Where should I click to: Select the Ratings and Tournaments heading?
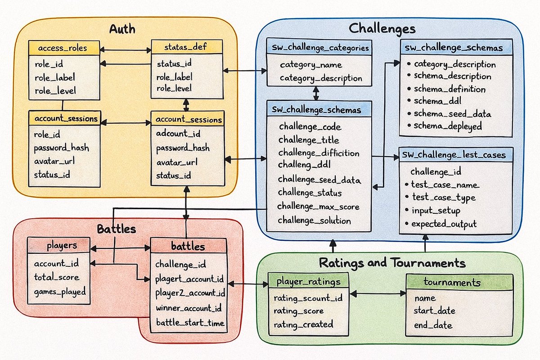click(x=392, y=263)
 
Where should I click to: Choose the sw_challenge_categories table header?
click(x=319, y=47)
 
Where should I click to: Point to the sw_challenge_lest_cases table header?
click(x=455, y=155)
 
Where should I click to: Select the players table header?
click(x=62, y=246)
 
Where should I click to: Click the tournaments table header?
click(x=459, y=282)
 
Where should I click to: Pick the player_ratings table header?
click(x=309, y=282)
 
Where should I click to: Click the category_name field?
click(x=310, y=65)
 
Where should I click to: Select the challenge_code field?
click(x=310, y=127)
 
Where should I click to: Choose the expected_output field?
click(x=444, y=224)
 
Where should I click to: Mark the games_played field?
click(x=60, y=292)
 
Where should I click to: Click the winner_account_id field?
click(x=189, y=308)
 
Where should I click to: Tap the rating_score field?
click(x=298, y=311)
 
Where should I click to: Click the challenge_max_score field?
click(x=318, y=207)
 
